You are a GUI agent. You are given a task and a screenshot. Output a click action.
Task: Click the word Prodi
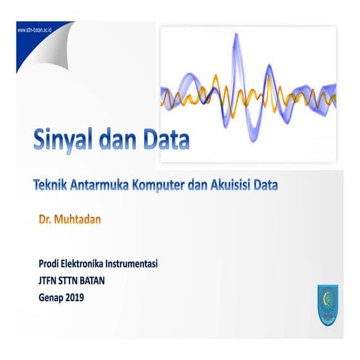tap(49, 263)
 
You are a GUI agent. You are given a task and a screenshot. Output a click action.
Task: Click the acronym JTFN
tap(49, 280)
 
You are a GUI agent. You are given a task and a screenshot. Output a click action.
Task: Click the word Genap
tap(51, 297)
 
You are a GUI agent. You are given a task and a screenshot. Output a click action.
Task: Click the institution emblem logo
tap(325, 303)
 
